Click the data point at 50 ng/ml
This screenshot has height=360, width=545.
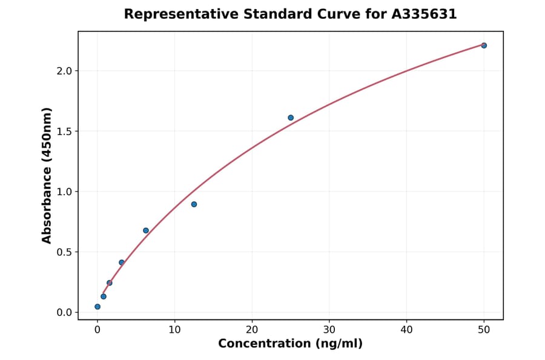[484, 45]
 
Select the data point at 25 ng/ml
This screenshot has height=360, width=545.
[291, 118]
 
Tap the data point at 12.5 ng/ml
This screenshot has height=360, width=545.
[194, 204]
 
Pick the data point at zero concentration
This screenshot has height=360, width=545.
[97, 307]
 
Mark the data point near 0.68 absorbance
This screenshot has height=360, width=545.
[146, 230]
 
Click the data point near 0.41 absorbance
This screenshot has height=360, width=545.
[122, 262]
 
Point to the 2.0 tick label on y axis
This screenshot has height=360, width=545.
[64, 71]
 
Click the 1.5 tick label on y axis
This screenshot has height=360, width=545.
[64, 132]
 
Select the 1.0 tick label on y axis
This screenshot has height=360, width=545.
[64, 192]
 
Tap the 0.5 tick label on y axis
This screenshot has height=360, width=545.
[64, 252]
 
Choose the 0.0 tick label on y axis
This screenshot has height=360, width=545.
[64, 313]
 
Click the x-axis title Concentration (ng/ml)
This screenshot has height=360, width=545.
[290, 344]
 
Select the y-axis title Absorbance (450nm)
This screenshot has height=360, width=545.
[47, 175]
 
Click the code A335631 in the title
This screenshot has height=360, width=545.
[424, 14]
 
